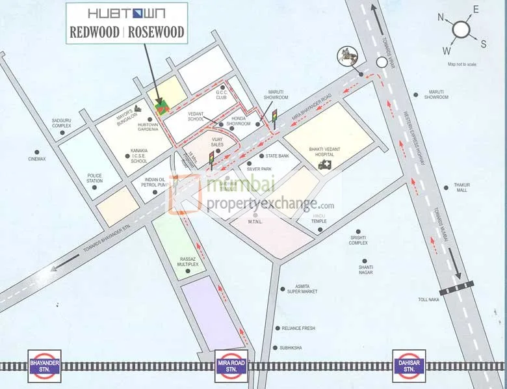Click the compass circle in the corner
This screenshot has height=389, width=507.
tap(461, 29)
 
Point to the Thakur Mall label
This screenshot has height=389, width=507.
tap(462, 187)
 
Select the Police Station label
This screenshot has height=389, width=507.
tap(95, 178)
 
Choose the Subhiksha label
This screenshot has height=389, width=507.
tap(291, 348)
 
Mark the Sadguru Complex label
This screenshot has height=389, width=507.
tap(66, 123)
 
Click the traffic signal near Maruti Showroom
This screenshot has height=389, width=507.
tap(274, 116)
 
